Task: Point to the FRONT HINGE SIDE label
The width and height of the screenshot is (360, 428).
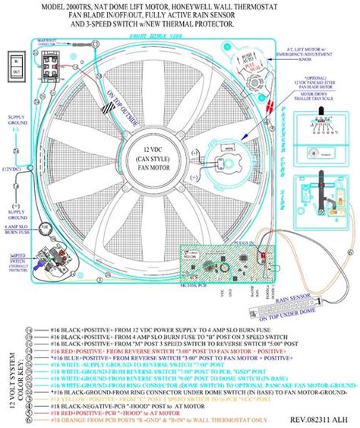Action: pyautogui.click(x=163, y=36)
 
